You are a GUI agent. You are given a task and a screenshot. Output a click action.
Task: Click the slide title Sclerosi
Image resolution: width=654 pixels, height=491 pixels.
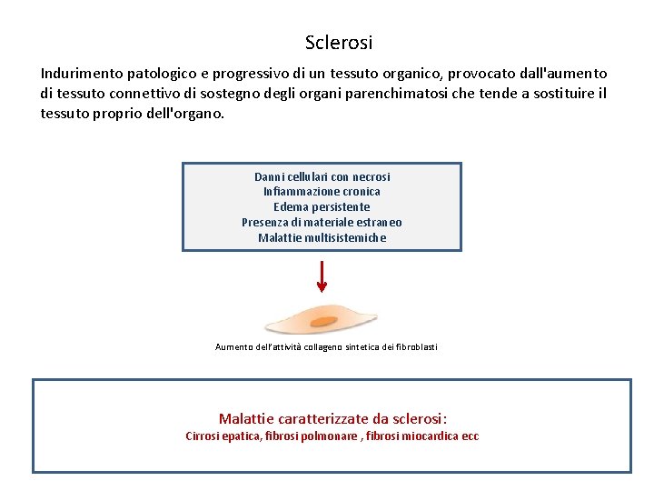(339, 43)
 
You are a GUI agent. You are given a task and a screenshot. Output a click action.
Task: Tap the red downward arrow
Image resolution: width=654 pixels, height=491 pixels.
(322, 276)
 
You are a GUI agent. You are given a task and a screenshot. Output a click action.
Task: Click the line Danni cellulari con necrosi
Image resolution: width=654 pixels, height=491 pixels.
(322, 176)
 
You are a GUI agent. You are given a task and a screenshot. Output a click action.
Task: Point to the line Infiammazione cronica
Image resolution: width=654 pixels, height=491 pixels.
(322, 192)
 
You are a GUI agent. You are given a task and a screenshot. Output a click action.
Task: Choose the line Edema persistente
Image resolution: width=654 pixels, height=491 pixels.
(322, 207)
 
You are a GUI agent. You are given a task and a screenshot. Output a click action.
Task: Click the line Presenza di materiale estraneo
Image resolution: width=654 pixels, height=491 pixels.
(322, 223)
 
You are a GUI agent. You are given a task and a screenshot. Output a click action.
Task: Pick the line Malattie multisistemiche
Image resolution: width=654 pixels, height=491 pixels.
(322, 238)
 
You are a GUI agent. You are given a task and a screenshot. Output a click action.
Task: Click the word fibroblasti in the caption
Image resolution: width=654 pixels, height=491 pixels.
(416, 347)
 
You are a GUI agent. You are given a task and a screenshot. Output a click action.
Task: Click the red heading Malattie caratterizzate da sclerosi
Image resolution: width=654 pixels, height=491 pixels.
(332, 419)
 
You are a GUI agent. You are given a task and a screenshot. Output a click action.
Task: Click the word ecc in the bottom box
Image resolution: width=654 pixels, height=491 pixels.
(470, 436)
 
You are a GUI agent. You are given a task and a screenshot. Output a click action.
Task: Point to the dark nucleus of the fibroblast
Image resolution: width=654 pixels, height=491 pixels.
(334, 319)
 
